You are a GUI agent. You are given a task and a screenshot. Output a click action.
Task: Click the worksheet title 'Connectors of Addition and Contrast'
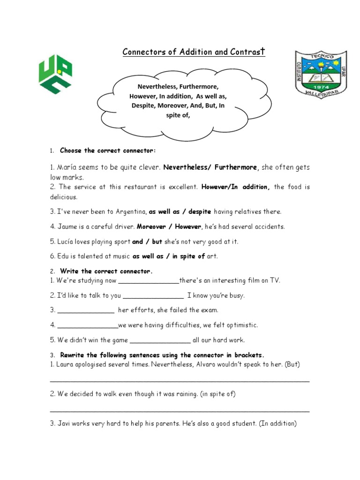pos(194,52)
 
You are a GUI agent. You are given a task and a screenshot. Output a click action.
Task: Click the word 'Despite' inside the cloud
pos(143,106)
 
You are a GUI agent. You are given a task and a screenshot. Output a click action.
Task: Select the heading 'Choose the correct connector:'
pos(108,150)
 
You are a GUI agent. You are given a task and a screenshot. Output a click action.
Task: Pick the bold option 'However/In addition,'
pos(235,187)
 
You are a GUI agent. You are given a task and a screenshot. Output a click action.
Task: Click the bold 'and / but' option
pos(147,242)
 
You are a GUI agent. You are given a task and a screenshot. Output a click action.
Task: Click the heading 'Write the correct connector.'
pos(106,271)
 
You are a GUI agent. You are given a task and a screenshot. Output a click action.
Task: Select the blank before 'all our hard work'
pos(159,341)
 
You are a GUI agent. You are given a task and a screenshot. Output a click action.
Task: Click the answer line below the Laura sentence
pos(180,381)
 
